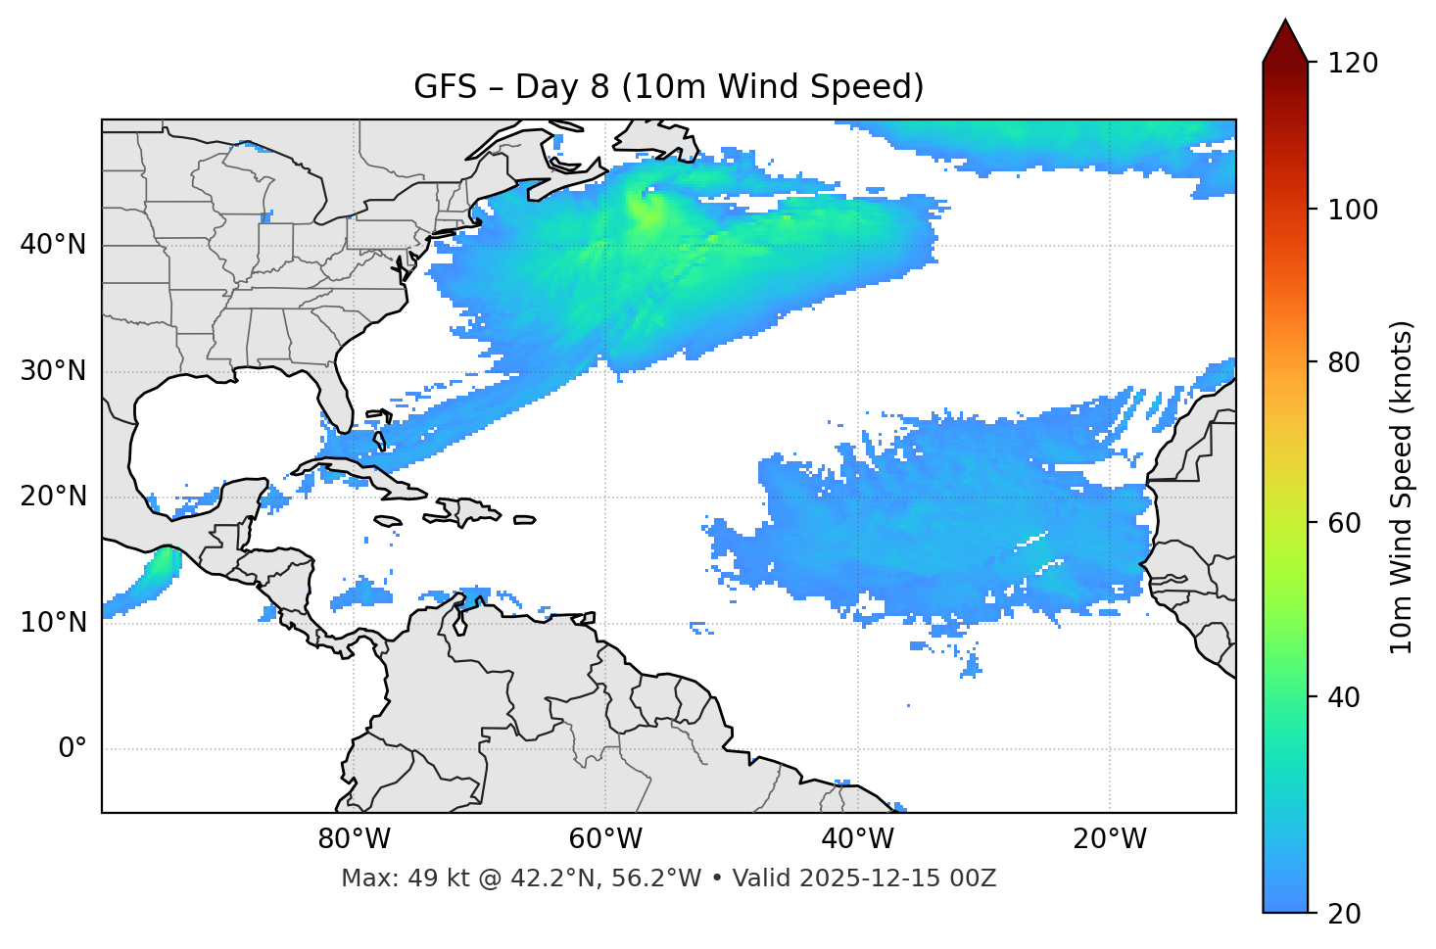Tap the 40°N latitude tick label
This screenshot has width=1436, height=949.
(53, 245)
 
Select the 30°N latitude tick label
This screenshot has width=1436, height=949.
(53, 371)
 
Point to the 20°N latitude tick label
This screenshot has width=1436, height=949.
(53, 497)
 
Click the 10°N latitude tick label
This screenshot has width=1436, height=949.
(53, 623)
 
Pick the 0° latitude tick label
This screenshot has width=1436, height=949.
(72, 749)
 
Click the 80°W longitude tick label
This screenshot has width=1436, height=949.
(354, 839)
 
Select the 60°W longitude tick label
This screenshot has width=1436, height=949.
(605, 839)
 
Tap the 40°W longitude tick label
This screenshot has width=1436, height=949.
(857, 839)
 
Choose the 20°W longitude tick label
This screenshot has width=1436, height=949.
(1109, 839)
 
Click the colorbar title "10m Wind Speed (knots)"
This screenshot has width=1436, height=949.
(1402, 487)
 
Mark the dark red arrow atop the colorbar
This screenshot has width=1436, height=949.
(1285, 42)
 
